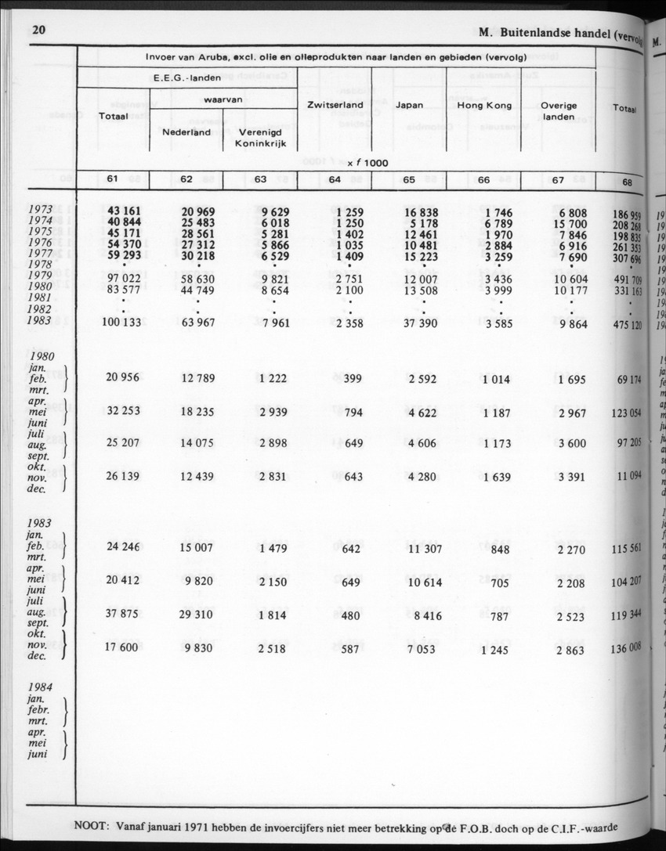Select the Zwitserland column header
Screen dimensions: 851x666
pyautogui.click(x=334, y=105)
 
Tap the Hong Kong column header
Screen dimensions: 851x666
pyautogui.click(x=484, y=105)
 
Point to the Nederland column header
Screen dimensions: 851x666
pyautogui.click(x=186, y=132)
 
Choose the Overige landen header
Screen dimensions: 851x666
pyautogui.click(x=559, y=111)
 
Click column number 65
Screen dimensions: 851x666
pyautogui.click(x=409, y=180)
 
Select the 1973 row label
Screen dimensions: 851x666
pyautogui.click(x=40, y=210)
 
